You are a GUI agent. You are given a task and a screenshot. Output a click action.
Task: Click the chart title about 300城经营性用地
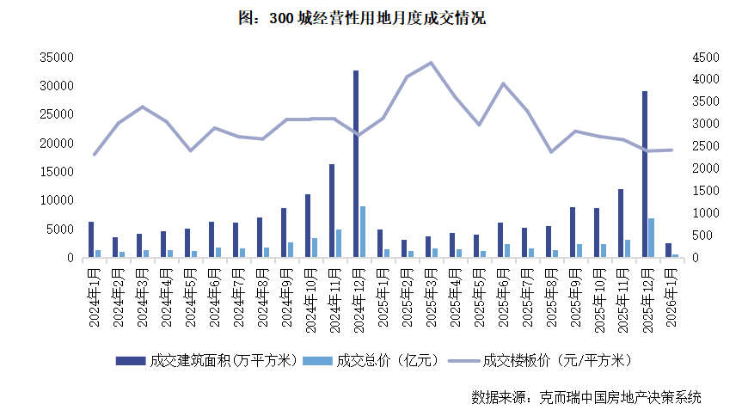(373, 18)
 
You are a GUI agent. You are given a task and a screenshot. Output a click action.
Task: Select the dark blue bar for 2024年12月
(355, 163)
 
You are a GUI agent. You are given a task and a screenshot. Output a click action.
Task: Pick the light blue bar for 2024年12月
(363, 231)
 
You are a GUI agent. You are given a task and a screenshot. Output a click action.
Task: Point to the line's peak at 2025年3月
(431, 63)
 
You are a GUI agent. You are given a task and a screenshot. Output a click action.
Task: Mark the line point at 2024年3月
(142, 107)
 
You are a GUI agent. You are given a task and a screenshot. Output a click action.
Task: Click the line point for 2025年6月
(503, 84)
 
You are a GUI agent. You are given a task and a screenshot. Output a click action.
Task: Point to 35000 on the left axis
(56, 58)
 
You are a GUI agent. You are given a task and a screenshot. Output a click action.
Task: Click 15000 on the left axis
(56, 172)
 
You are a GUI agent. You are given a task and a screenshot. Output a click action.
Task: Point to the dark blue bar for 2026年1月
(668, 250)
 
